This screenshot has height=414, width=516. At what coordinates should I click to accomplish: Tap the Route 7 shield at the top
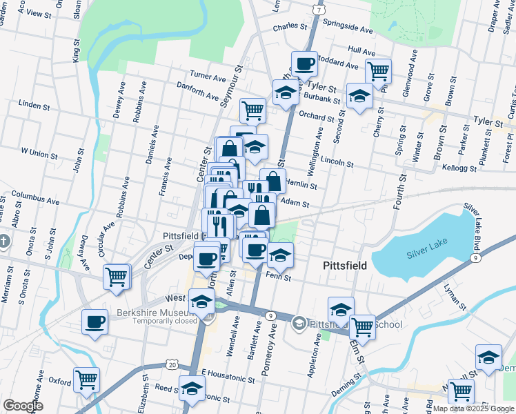tap(317, 10)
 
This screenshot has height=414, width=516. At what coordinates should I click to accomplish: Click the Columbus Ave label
tap(34, 196)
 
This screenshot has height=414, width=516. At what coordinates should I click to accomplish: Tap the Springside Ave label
tap(352, 30)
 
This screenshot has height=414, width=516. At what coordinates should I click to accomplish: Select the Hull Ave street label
tap(361, 51)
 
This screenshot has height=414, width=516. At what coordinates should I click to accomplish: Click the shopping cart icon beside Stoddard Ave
tap(378, 70)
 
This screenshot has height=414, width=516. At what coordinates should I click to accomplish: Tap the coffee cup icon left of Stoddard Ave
tap(304, 64)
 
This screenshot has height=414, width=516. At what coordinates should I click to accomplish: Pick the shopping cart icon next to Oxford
tap(87, 379)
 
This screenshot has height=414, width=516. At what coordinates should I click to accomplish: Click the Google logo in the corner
tap(23, 406)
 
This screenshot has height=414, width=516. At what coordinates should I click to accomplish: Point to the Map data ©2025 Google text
tap(473, 408)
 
